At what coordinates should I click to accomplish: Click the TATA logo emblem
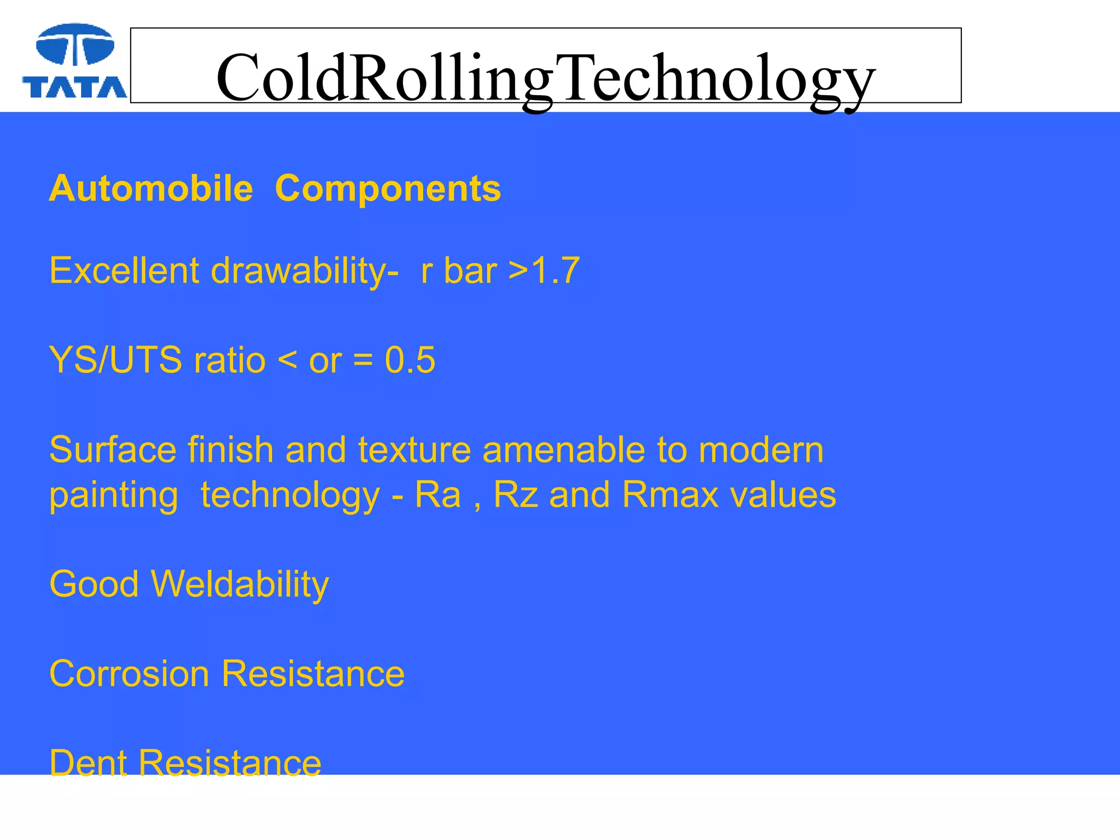[x=75, y=45]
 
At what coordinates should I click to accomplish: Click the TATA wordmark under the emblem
[x=75, y=87]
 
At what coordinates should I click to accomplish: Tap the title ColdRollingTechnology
[x=545, y=78]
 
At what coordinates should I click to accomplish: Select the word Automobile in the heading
[x=151, y=189]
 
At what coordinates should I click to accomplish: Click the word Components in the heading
[x=388, y=189]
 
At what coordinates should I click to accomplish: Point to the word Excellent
[x=124, y=270]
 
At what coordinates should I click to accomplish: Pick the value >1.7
[x=544, y=270]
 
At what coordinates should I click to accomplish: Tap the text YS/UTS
[x=115, y=360]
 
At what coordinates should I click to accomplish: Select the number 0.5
[x=410, y=360]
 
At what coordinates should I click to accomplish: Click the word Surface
[x=113, y=450]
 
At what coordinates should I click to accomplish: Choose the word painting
[x=114, y=495]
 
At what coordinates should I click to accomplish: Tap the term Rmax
[x=670, y=494]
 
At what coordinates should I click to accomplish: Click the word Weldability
[x=240, y=584]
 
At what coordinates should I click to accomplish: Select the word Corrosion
[x=129, y=673]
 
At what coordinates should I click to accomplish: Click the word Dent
[x=87, y=763]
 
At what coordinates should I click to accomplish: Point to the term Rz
[x=515, y=494]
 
